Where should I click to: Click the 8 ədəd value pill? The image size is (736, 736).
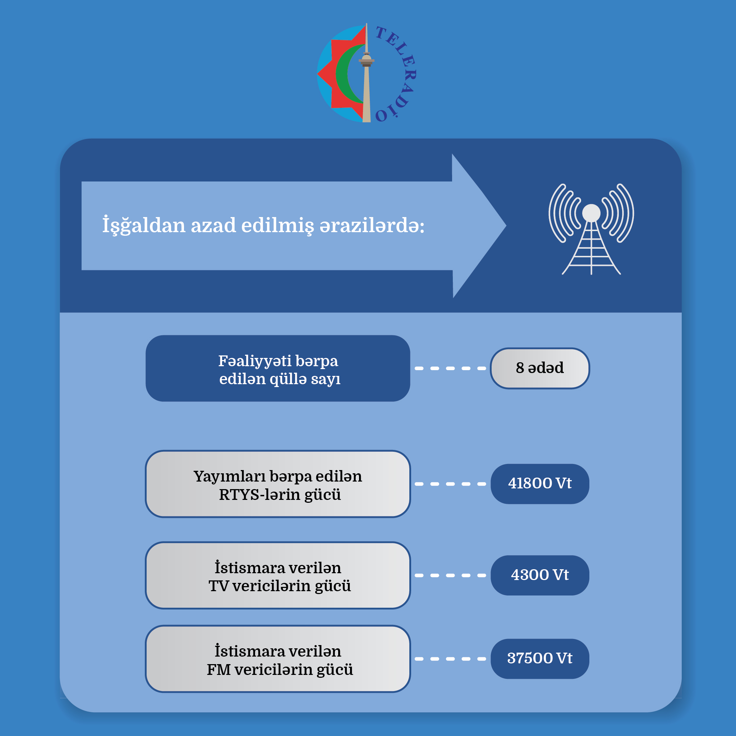tap(539, 368)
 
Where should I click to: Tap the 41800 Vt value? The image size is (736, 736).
tap(539, 483)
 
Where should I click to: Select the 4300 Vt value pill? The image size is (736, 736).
tap(539, 575)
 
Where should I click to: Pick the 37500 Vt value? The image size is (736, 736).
tap(539, 658)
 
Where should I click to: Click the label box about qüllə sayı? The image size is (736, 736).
tap(278, 368)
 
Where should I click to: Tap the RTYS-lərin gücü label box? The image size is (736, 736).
tap(278, 484)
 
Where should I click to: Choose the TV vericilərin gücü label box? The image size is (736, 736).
tap(278, 575)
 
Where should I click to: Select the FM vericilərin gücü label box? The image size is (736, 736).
tap(278, 659)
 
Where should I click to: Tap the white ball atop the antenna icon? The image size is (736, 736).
tap(591, 213)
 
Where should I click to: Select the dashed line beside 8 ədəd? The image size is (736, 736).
tap(450, 368)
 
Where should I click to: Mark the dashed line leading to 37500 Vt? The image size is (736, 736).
tap(450, 659)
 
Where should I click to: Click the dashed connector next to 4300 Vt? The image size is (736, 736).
tap(450, 575)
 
